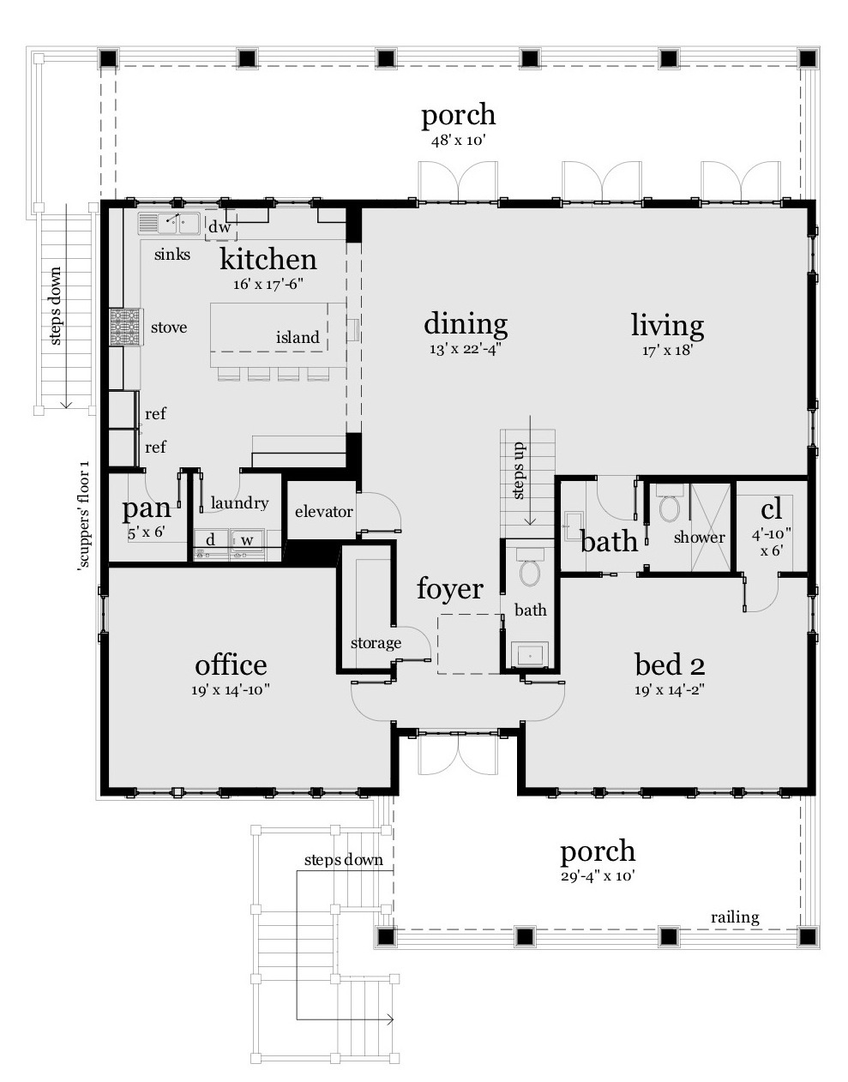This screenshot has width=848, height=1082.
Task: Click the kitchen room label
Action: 268,259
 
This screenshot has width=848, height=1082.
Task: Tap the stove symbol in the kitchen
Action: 124,327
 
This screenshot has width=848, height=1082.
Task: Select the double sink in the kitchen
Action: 169,224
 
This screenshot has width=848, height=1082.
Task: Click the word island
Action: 298,337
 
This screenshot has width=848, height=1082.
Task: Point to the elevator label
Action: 323,512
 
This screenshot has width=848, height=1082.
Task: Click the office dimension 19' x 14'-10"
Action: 231,689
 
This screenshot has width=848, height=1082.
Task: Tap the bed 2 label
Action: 670,664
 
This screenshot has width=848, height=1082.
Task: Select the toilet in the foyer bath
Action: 530,571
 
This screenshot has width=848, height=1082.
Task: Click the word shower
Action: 699,538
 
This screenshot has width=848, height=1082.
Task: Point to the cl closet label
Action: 771,509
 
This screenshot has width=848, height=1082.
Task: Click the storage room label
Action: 376,643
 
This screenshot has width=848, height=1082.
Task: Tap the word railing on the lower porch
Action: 735,917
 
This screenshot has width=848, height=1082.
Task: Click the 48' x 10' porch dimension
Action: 459,140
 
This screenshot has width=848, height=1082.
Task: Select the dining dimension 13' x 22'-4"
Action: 466,349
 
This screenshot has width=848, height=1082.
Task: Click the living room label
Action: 667,325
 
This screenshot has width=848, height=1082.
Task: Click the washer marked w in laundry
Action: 246,540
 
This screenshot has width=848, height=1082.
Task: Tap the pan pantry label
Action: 146,508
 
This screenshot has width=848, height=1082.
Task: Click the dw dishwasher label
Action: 220,227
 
